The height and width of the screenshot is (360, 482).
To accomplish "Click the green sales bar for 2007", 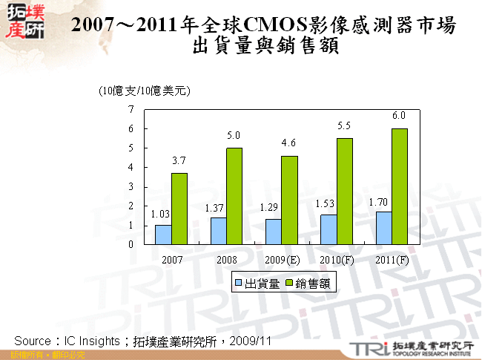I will pos(179,209).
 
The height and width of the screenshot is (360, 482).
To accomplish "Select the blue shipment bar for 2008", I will pos(218,230).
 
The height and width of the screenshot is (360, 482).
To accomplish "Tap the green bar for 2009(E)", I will pos(290,200).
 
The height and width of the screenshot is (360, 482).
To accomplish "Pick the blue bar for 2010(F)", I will pos(329,229).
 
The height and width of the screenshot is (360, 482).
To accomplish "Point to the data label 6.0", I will pos(399,116).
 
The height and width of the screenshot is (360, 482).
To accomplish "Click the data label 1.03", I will pos(161,215).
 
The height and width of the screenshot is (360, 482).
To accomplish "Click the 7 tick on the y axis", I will pos(131,109).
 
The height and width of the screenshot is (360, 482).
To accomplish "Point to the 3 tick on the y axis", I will pos(131,186).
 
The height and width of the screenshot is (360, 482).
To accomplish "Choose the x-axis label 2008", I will pos(227,260).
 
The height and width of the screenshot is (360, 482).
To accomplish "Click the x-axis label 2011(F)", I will pos(392,260).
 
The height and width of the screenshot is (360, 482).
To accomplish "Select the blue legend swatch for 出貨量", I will pos(240,283).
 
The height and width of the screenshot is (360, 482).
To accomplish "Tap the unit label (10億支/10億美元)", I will pos(145,91).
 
